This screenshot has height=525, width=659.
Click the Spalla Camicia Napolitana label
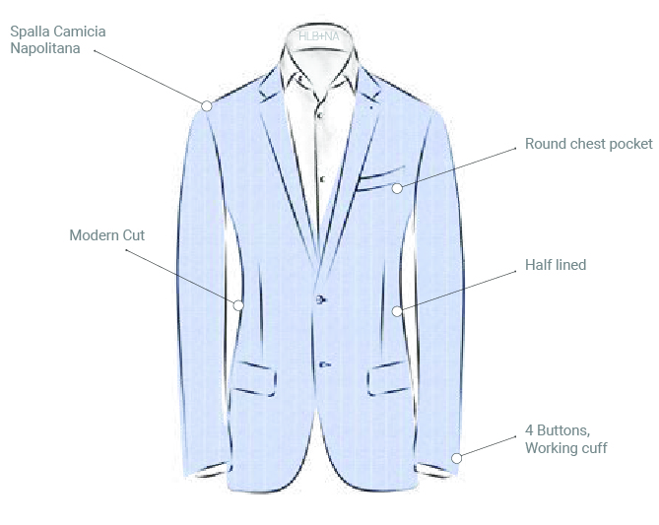click(x=58, y=39)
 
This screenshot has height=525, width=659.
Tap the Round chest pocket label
click(x=588, y=144)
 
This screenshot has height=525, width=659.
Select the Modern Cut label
click(x=106, y=235)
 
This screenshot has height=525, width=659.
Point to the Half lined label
click(x=555, y=265)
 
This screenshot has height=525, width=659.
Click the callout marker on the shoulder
click(x=207, y=105)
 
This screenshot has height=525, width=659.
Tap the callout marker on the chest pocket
click(x=397, y=187)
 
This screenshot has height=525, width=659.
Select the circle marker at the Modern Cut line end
click(x=238, y=305)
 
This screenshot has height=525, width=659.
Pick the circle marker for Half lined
click(x=397, y=311)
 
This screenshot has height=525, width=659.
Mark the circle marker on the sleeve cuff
click(x=456, y=458)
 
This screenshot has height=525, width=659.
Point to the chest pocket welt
click(x=380, y=174)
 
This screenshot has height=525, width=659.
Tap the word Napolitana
click(x=45, y=47)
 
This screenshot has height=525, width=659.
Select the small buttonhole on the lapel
click(x=371, y=105)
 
